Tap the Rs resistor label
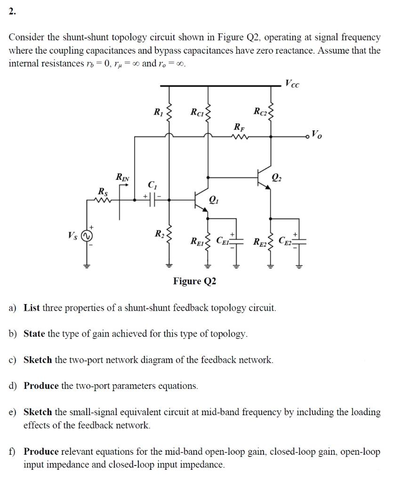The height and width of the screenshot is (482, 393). click(x=102, y=192)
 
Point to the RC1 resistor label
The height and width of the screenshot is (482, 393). click(x=197, y=112)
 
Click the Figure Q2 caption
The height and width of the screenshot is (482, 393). click(x=195, y=281)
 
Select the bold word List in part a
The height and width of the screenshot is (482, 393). click(x=32, y=308)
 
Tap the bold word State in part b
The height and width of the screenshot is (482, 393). click(x=34, y=334)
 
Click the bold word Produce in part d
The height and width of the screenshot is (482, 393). click(x=41, y=386)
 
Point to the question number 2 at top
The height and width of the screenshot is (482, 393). click(x=12, y=13)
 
